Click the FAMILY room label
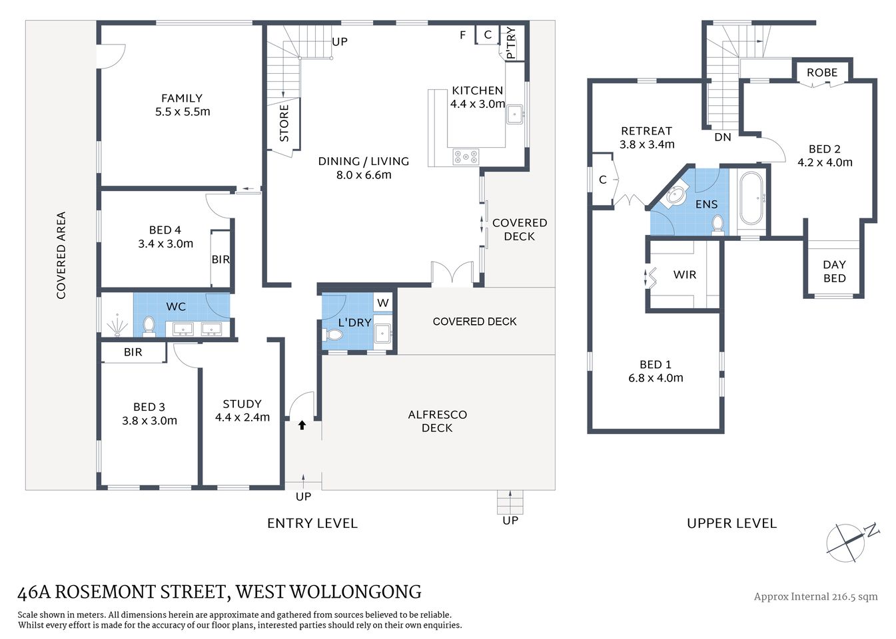pyautogui.click(x=181, y=99)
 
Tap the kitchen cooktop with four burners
pyautogui.click(x=466, y=156)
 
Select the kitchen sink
pyautogui.click(x=515, y=115)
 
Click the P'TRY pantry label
pyautogui.click(x=511, y=43)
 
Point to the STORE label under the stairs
pyautogui.click(x=284, y=123)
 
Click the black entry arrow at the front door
pyautogui.click(x=302, y=425)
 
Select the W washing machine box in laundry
pyautogui.click(x=382, y=304)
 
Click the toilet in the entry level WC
pyautogui.click(x=149, y=326)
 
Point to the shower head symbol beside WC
pyautogui.click(x=118, y=325)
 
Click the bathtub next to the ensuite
pyautogui.click(x=752, y=198)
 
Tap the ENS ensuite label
pyautogui.click(x=706, y=204)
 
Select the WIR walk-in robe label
pyautogui.click(x=685, y=274)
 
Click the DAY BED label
pyautogui.click(x=834, y=272)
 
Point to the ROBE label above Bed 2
pyautogui.click(x=822, y=73)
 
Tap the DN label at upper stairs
pyautogui.click(x=723, y=137)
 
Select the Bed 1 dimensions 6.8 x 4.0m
pyautogui.click(x=656, y=378)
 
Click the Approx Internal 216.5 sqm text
pyautogui.click(x=815, y=596)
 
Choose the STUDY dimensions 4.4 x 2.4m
pyautogui.click(x=242, y=418)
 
